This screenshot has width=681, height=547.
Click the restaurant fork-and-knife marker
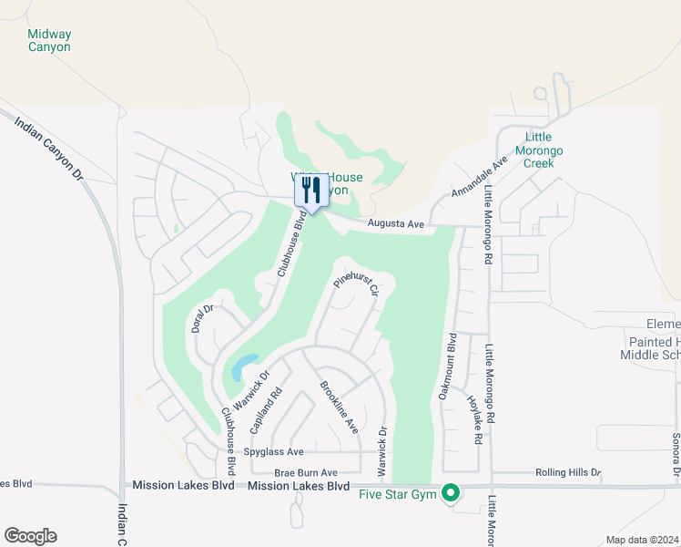tap(311, 191)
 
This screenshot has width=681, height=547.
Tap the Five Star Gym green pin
tap(450, 494)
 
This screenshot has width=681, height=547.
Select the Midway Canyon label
tap(49, 40)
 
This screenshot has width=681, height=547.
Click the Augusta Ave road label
tap(396, 223)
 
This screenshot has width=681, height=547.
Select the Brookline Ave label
tap(339, 406)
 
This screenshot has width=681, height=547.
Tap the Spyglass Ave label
tap(273, 452)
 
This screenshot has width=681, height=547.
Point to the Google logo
tap(30, 536)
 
